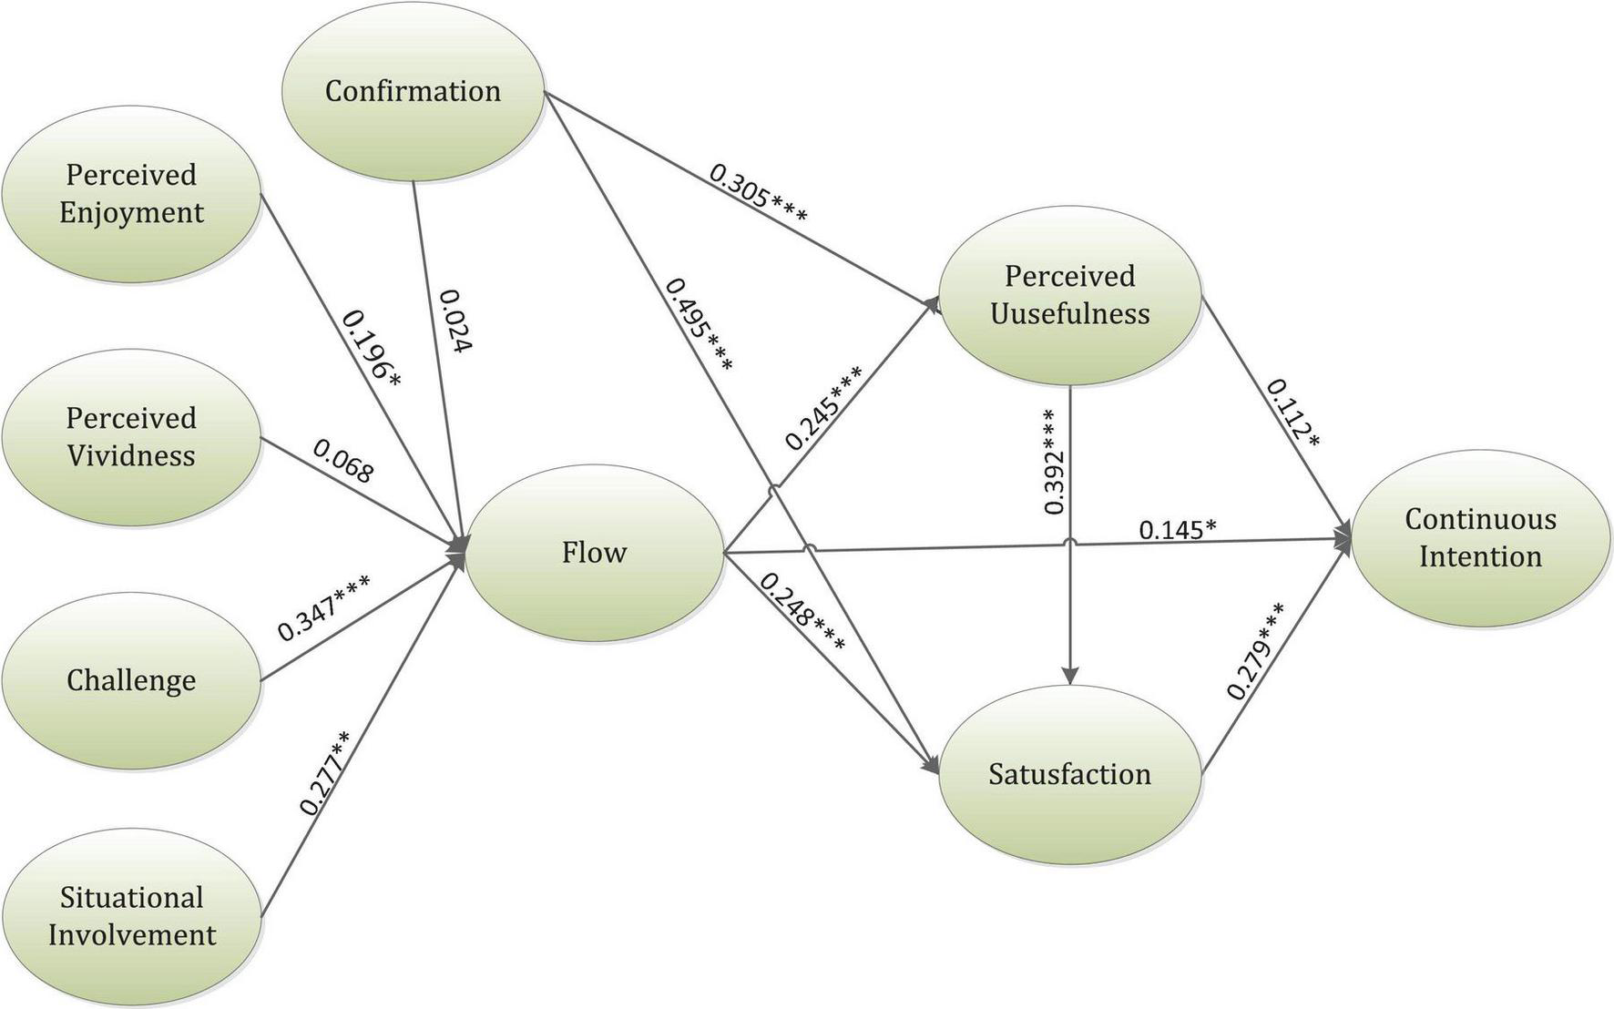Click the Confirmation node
pyautogui.click(x=413, y=91)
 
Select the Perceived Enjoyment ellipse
pyautogui.click(x=131, y=193)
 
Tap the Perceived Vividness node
pyautogui.click(x=131, y=437)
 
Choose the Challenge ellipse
pyautogui.click(x=131, y=680)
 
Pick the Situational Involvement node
pyautogui.click(x=131, y=916)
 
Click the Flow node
pyautogui.click(x=594, y=553)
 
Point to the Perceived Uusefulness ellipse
pyautogui.click(x=1069, y=295)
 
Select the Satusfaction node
pyautogui.click(x=1069, y=774)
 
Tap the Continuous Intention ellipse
pyautogui.click(x=1479, y=537)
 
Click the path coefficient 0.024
pyautogui.click(x=456, y=321)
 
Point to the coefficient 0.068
pyautogui.click(x=343, y=461)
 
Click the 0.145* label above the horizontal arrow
pyautogui.click(x=1178, y=529)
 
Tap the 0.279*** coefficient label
pyautogui.click(x=1256, y=651)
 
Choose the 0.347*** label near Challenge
pyautogui.click(x=324, y=608)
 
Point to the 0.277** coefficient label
pyautogui.click(x=324, y=772)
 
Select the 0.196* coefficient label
pyautogui.click(x=371, y=349)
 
